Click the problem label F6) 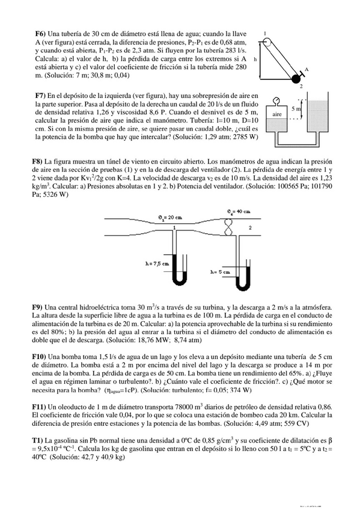pyautogui.click(x=41, y=34)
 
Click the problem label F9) pyautogui.click(x=37, y=307)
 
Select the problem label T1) pyautogui.click(x=37, y=440)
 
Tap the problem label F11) pyautogui.click(x=39, y=407)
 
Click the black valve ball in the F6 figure pyautogui.click(x=295, y=78)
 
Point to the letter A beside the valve pyautogui.click(x=306, y=69)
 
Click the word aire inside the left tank pyautogui.click(x=277, y=114)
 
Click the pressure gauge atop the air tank pyautogui.click(x=276, y=101)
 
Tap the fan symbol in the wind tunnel pyautogui.click(x=229, y=226)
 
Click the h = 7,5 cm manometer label pyautogui.click(x=157, y=264)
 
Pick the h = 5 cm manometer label pyautogui.click(x=221, y=272)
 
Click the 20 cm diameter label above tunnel pyautogui.click(x=170, y=217)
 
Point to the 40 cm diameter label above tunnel pyautogui.click(x=239, y=212)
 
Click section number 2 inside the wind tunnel pyautogui.click(x=250, y=227)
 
